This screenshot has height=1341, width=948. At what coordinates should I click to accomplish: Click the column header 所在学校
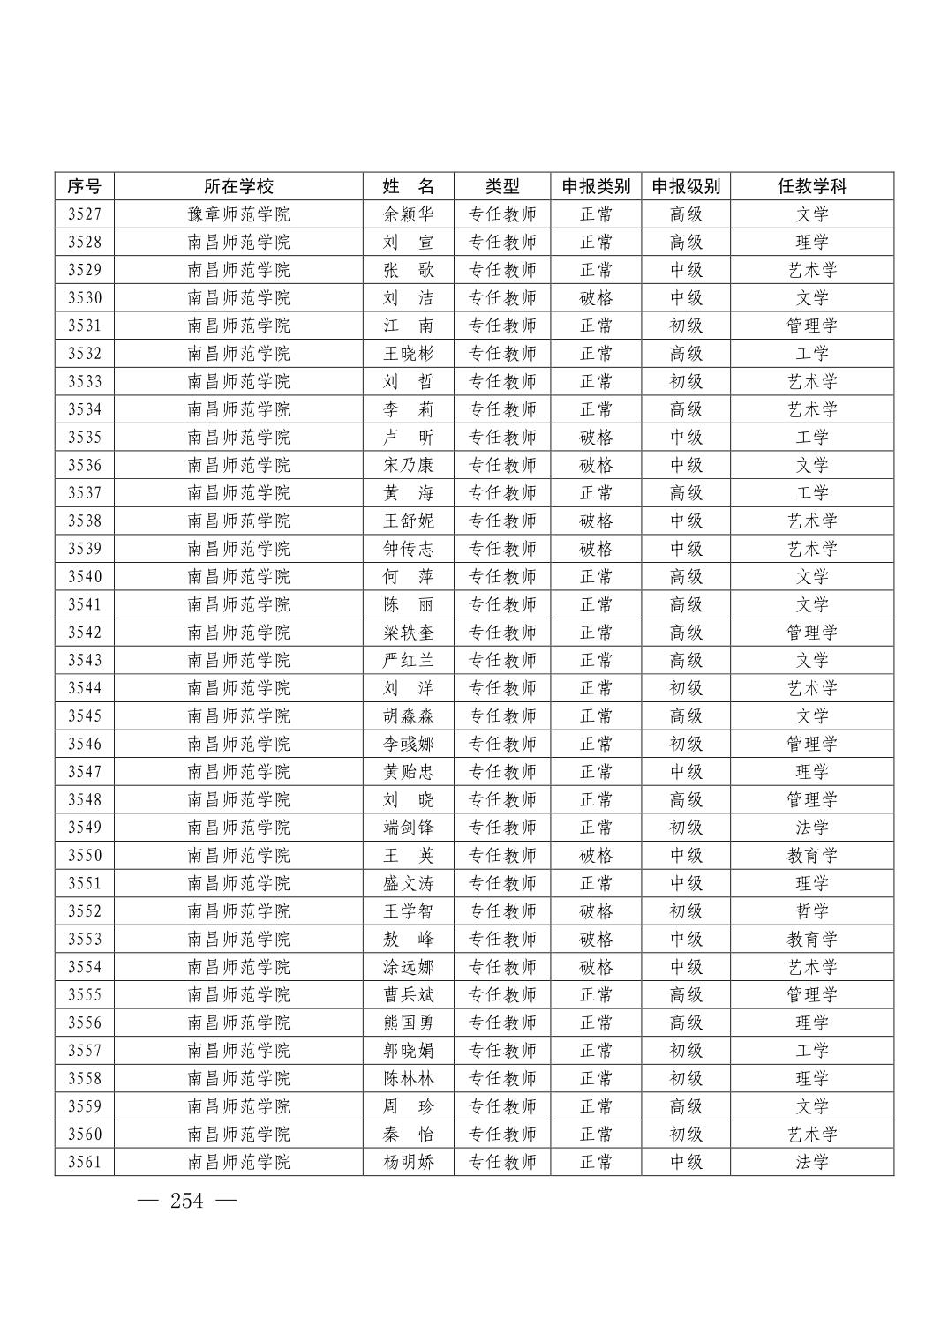point(238,186)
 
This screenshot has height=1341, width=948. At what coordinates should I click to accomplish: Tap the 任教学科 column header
point(811,186)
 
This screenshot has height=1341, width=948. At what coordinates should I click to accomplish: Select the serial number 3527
point(85,214)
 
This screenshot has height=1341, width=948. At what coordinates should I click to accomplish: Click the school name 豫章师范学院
point(238,214)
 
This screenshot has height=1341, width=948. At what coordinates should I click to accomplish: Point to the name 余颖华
point(409,214)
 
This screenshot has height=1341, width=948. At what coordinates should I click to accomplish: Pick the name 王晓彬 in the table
point(409,354)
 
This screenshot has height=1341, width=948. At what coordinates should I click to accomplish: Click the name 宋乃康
point(409,465)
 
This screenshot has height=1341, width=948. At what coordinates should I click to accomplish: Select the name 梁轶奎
point(409,633)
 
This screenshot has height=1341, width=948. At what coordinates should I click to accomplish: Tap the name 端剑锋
point(409,828)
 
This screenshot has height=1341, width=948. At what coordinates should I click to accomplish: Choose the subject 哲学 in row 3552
point(811,911)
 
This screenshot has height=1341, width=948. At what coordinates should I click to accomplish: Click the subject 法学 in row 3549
point(811,828)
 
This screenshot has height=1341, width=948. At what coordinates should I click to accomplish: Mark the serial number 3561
point(85,1162)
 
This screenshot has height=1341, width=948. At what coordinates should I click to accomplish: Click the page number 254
point(186,1201)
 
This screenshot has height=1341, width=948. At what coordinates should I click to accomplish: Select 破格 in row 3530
point(596,298)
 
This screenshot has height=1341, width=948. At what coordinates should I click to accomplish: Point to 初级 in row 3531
point(686,326)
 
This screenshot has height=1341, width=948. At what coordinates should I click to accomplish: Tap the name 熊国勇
point(409,1023)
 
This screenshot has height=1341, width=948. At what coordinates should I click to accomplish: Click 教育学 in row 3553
point(811,939)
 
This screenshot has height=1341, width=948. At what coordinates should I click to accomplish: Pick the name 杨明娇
point(409,1162)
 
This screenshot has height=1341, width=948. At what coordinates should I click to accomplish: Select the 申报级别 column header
point(686,186)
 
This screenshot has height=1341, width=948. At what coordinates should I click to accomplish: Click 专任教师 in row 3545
point(502,716)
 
